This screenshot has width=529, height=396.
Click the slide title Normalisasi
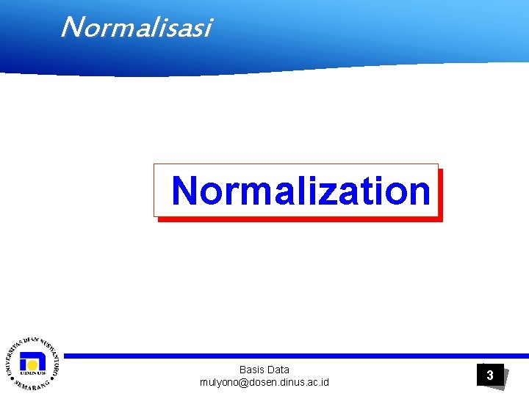[136, 27]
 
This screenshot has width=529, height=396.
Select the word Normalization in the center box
[301, 191]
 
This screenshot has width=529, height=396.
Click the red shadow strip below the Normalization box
[301, 219]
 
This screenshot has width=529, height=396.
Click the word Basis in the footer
[252, 370]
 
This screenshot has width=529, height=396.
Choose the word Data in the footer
[278, 370]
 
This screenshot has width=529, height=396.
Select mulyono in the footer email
[219, 383]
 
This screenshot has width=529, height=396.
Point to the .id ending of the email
[323, 383]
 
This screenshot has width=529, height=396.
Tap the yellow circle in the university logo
[32, 363]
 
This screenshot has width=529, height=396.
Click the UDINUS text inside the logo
[32, 373]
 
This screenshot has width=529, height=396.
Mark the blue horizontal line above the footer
[294, 356]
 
